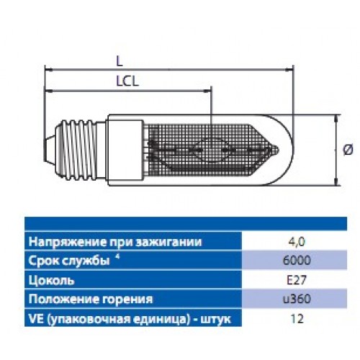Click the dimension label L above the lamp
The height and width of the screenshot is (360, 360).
pyautogui.click(x=120, y=62)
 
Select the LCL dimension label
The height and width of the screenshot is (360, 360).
pyautogui.click(x=127, y=81)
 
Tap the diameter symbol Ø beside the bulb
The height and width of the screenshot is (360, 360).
pyautogui.click(x=348, y=150)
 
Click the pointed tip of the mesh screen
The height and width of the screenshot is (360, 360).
pyautogui.click(x=277, y=150)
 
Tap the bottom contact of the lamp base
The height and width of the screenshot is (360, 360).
pyautogui.click(x=48, y=150)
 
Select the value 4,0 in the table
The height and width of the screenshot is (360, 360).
pyautogui.click(x=297, y=242)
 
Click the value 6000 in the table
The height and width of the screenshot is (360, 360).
pyautogui.click(x=297, y=261)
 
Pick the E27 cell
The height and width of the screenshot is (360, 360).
pyautogui.click(x=297, y=280)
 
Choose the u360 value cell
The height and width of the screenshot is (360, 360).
pyautogui.click(x=297, y=299)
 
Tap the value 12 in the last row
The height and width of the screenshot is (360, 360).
pyautogui.click(x=297, y=319)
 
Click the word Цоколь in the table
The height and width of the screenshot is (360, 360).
pyautogui.click(x=51, y=280)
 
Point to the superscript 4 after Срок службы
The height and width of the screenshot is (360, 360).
pyautogui.click(x=117, y=258)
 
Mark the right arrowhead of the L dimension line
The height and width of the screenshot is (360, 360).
pyautogui.click(x=289, y=70)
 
